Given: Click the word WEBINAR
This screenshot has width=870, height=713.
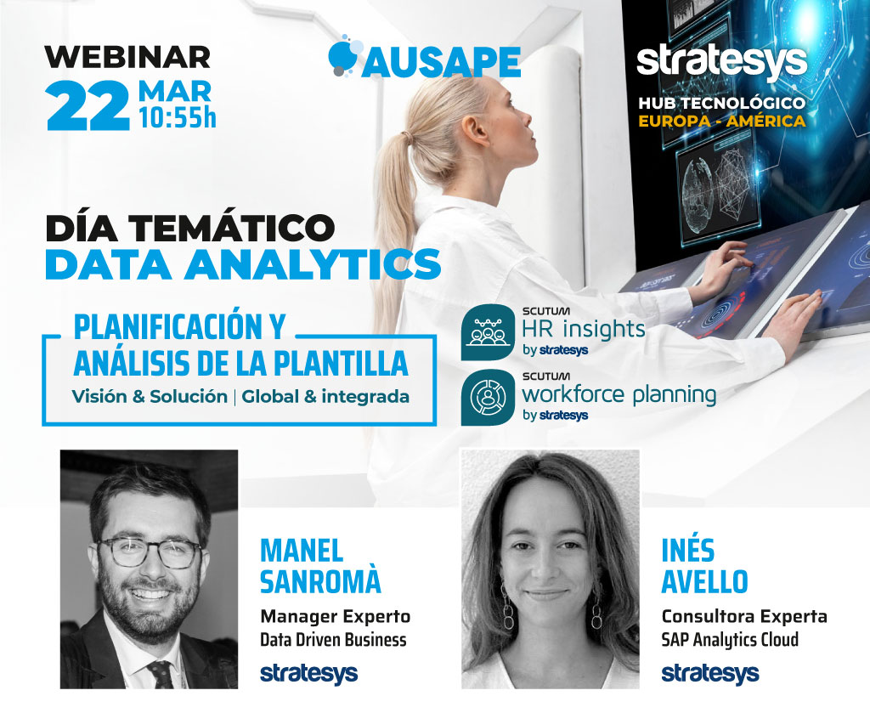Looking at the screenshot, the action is point(127,57).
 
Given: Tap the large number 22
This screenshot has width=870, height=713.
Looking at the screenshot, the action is point(88,105).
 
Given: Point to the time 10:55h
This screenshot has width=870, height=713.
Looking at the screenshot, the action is point(177,117).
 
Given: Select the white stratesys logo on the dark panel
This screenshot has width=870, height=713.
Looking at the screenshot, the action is point(721,63).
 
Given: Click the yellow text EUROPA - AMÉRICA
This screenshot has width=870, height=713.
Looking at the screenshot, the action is point(722,121).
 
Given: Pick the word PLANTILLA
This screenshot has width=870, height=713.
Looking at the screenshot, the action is point(341,364).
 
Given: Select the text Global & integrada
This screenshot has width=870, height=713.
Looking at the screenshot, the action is point(325,396).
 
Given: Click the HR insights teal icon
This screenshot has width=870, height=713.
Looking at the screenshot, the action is point(488,331).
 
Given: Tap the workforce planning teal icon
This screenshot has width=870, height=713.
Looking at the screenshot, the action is point(488,397).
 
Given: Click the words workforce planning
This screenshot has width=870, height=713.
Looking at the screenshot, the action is point(619,395).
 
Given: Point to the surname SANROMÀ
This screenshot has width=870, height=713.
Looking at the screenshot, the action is point(320,581).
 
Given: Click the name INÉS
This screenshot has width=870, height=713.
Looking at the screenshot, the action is point(687,551).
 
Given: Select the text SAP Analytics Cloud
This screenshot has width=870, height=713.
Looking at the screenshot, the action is point(730,640).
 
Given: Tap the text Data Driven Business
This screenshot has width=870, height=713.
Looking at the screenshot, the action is point(333,640).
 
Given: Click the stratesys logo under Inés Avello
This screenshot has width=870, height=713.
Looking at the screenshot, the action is point(709,673).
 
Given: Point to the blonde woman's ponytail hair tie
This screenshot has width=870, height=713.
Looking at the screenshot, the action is point(409,137).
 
